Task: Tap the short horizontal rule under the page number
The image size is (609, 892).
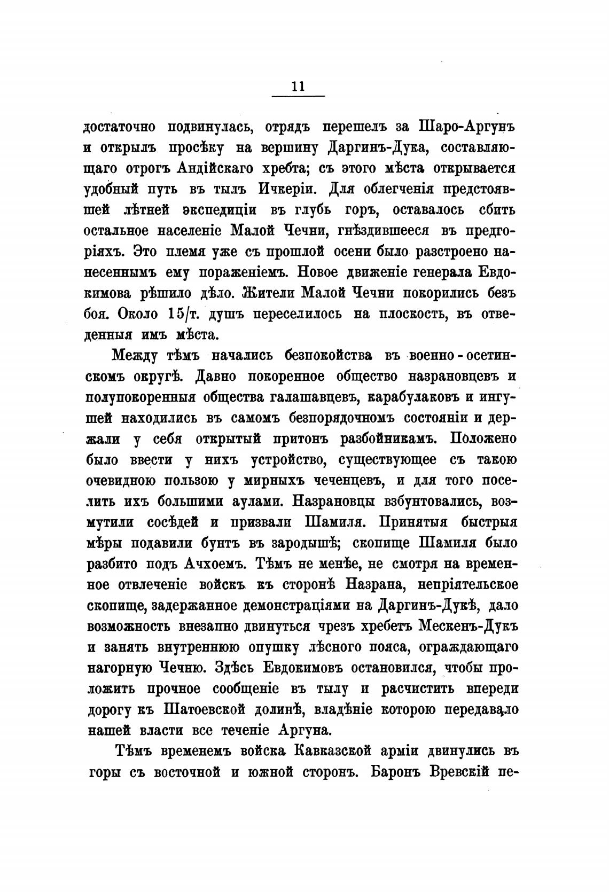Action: click(x=298, y=97)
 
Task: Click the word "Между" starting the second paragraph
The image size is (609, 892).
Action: click(x=138, y=356)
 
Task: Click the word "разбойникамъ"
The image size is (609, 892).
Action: click(x=389, y=439)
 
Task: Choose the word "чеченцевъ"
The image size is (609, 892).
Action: click(x=347, y=480)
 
